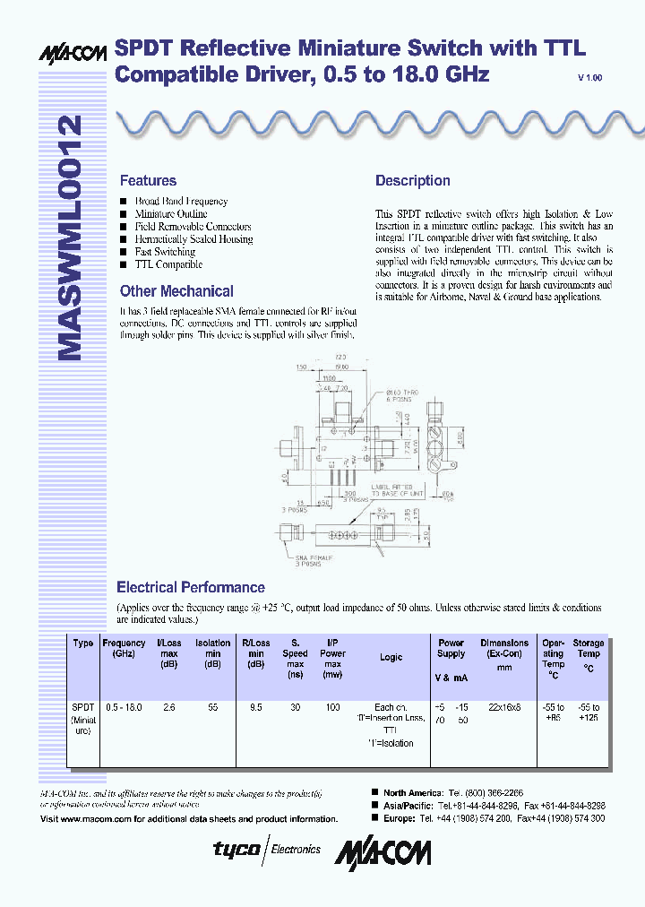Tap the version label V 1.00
coord(590,78)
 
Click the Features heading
coord(148,180)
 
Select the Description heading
coord(412,180)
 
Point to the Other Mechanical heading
coord(176,291)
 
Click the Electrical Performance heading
coord(191,587)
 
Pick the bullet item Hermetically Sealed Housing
coord(193,239)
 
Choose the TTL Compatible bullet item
coord(168,264)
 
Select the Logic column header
coord(391,657)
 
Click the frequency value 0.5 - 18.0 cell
coord(124,707)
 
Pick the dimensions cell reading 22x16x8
coord(504,707)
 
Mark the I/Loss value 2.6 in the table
coord(168,707)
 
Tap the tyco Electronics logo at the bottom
coord(266,849)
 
